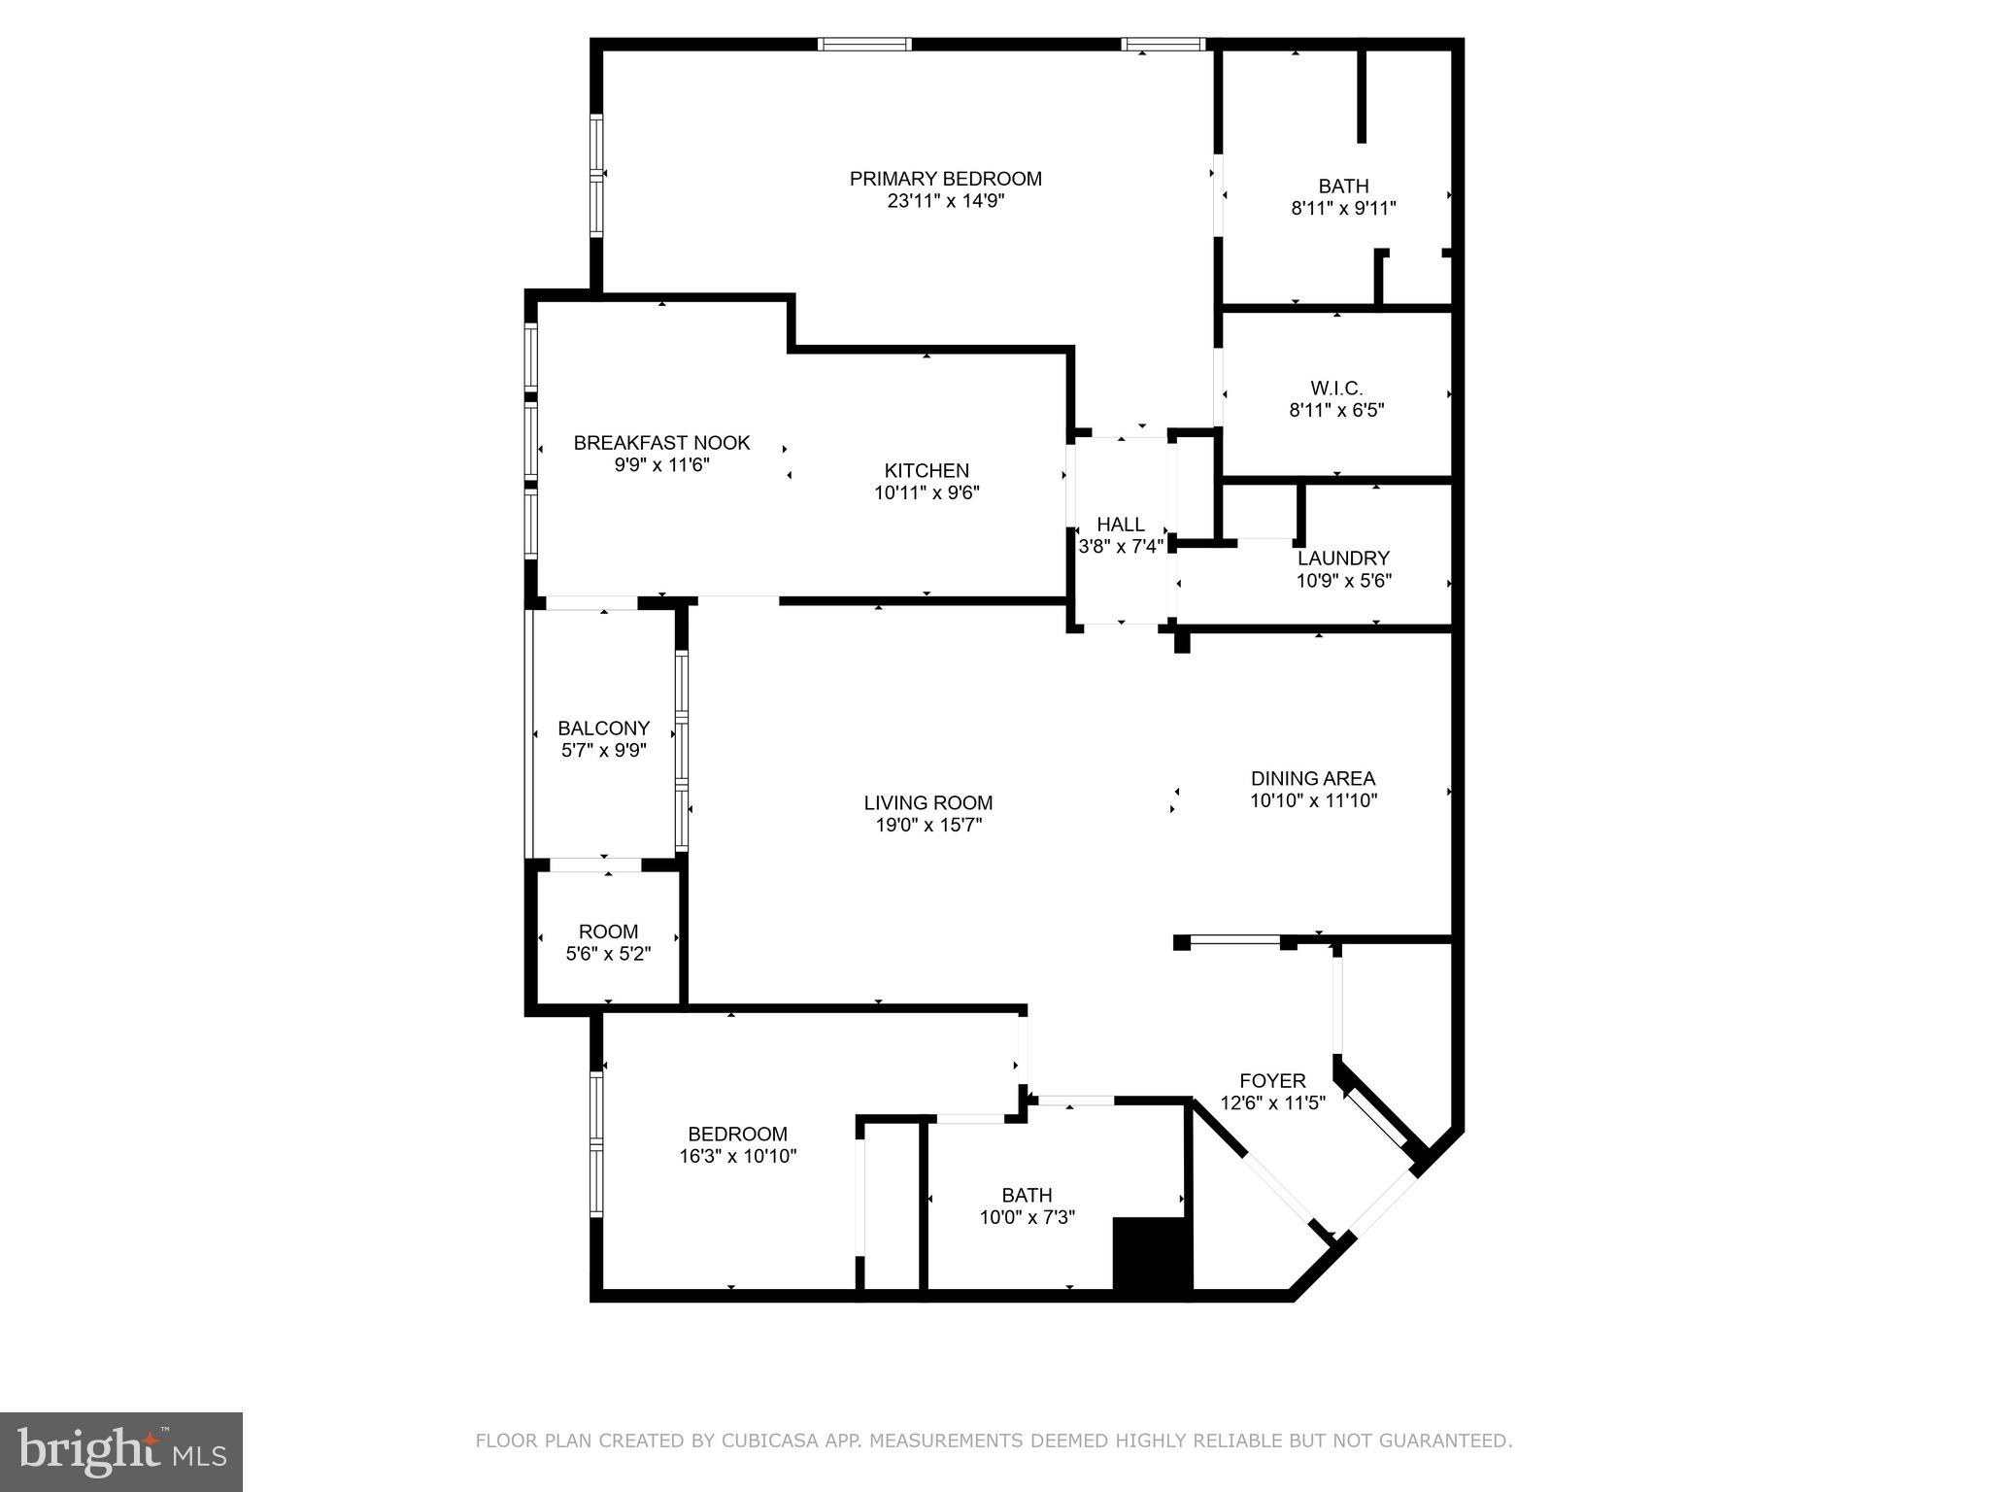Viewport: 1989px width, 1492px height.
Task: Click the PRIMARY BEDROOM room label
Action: tap(945, 179)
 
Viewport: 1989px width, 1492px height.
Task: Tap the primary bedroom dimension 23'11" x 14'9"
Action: tap(945, 202)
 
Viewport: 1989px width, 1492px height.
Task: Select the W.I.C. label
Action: tap(1336, 389)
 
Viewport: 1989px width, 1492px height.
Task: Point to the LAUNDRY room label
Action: tap(1343, 559)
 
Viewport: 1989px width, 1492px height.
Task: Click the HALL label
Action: tap(1121, 525)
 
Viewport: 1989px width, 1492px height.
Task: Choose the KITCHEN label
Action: tap(927, 471)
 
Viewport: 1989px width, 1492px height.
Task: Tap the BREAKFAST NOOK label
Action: tap(661, 443)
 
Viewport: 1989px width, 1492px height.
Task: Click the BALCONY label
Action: tap(603, 729)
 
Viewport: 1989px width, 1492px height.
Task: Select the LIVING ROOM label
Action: tap(928, 803)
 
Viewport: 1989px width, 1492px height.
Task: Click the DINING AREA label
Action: tap(1312, 778)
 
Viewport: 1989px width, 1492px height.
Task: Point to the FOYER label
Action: tap(1272, 1081)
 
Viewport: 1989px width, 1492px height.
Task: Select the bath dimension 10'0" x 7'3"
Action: tap(1027, 1218)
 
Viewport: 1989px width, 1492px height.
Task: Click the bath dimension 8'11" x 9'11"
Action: tap(1343, 208)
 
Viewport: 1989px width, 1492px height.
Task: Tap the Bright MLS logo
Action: tap(121, 1452)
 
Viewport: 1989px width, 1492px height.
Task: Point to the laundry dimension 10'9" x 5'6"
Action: tap(1343, 582)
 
